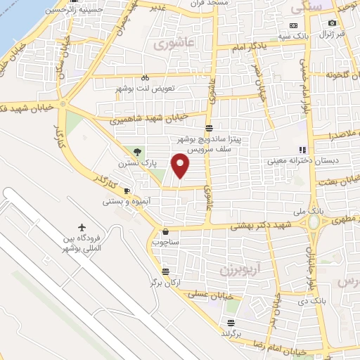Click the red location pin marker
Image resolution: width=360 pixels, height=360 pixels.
[181, 165]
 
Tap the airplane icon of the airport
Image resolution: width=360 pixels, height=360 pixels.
[83, 228]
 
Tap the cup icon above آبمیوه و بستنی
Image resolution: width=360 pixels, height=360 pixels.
[127, 191]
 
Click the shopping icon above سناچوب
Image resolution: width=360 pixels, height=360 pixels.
[165, 231]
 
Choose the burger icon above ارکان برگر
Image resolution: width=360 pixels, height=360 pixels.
[165, 271]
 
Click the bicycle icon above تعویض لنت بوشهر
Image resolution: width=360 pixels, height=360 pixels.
[144, 78]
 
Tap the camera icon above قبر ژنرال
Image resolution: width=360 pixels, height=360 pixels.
[332, 22]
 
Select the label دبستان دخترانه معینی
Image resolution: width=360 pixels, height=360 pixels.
[292, 160]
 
